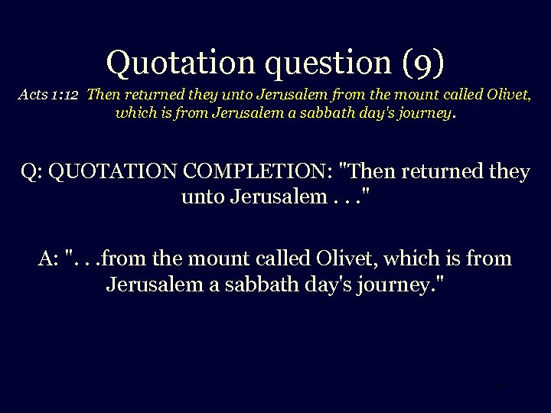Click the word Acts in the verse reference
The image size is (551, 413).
33,96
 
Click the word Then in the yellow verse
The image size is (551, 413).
103,96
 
